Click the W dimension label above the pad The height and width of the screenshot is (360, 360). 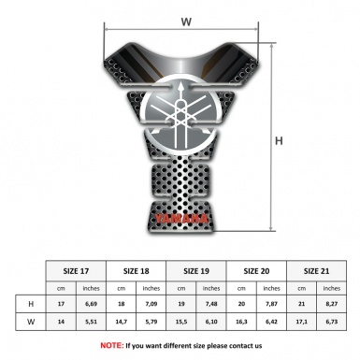pyautogui.click(x=186, y=22)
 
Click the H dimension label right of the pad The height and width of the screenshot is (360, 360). pyautogui.click(x=279, y=141)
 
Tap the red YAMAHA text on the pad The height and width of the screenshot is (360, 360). pyautogui.click(x=180, y=219)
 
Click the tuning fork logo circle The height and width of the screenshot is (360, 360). pyautogui.click(x=180, y=114)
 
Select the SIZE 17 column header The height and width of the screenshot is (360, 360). pyautogui.click(x=76, y=271)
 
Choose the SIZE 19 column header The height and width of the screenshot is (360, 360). pyautogui.click(x=196, y=271)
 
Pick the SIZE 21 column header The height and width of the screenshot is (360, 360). pyautogui.click(x=316, y=271)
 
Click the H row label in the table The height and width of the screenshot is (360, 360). pyautogui.click(x=31, y=304)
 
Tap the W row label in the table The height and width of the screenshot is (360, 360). pyautogui.click(x=31, y=322)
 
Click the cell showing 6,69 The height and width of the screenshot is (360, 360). pyautogui.click(x=91, y=304)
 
